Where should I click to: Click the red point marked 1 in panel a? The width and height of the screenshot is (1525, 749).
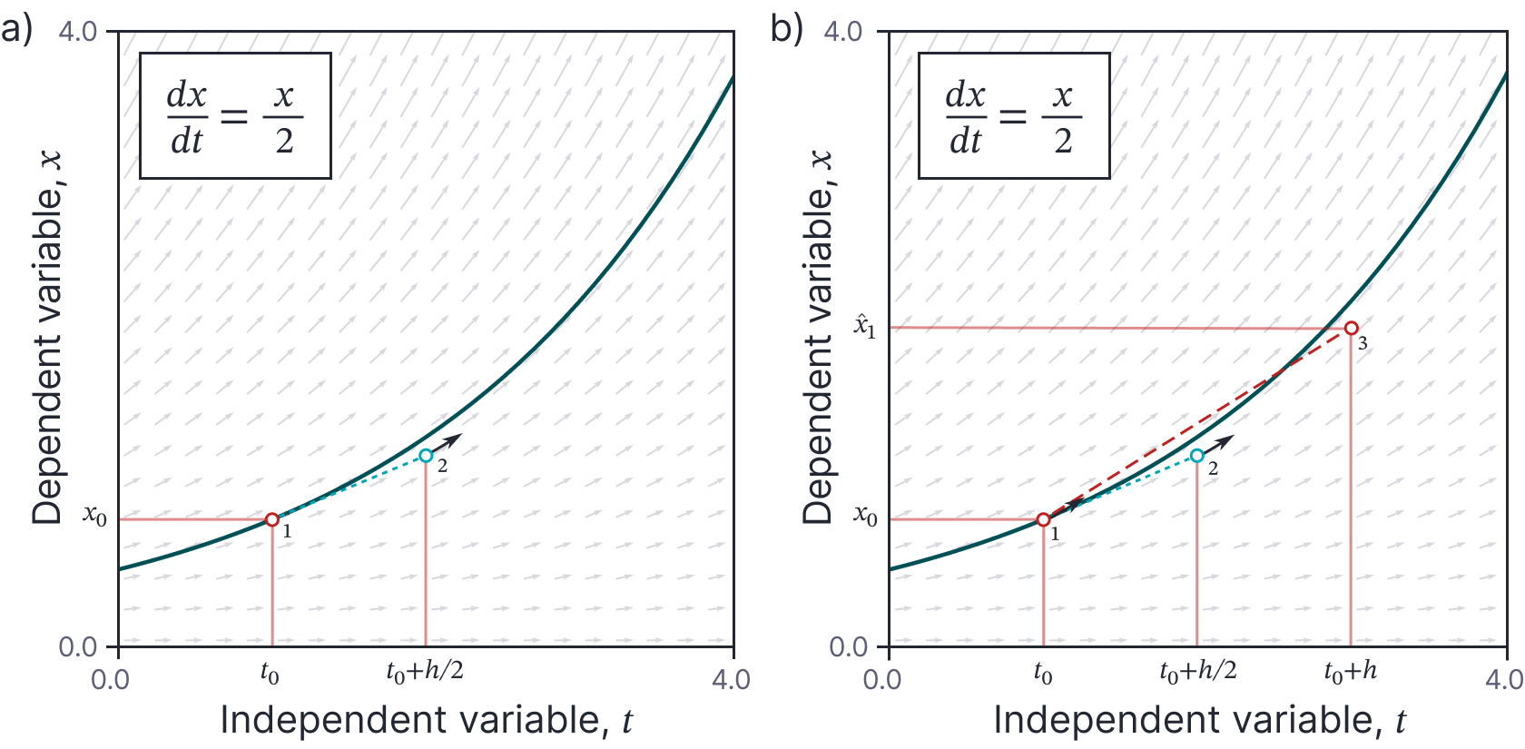(x=272, y=519)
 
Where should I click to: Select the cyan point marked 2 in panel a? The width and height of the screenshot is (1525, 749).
(x=426, y=456)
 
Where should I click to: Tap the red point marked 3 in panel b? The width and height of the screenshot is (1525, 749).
(x=1352, y=328)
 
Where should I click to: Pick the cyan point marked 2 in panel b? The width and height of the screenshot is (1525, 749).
(x=1197, y=456)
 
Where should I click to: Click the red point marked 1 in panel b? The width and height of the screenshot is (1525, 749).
(x=1043, y=519)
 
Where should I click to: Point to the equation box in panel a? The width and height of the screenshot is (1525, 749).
(x=235, y=115)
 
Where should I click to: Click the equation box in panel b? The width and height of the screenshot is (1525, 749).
(x=1014, y=115)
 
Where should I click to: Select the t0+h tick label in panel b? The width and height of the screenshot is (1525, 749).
(x=1350, y=673)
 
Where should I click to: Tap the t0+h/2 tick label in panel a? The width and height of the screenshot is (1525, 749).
(x=425, y=673)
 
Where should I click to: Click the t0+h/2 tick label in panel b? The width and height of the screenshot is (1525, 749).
(x=1197, y=673)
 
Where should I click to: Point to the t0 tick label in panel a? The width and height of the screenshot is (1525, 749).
(x=270, y=674)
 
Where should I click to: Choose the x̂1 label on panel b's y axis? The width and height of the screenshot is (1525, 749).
(x=865, y=326)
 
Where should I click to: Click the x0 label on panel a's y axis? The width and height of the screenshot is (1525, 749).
(x=95, y=516)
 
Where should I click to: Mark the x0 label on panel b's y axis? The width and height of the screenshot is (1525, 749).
(x=866, y=516)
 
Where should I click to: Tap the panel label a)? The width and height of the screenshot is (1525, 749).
(x=16, y=30)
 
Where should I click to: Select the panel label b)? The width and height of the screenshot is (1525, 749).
(x=786, y=30)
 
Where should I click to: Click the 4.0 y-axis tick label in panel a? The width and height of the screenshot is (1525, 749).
(x=77, y=32)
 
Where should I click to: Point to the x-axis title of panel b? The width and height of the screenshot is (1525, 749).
(x=1198, y=720)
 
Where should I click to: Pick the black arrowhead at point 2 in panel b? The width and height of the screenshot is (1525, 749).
(x=1227, y=440)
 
